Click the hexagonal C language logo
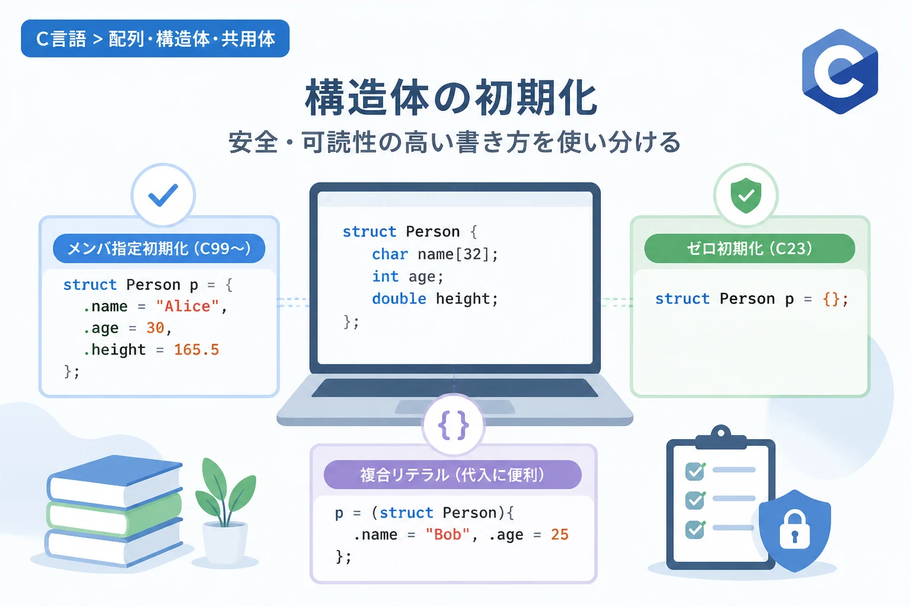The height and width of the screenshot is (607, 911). click(840, 72)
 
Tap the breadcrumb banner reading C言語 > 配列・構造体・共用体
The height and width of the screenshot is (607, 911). click(155, 39)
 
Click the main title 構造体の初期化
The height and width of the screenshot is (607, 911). click(451, 98)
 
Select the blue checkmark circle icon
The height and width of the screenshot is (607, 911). click(163, 195)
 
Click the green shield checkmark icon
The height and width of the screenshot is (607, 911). click(746, 195)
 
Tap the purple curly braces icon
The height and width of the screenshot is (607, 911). click(454, 425)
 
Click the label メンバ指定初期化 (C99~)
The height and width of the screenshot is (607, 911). click(159, 248)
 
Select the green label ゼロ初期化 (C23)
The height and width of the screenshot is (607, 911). click(750, 248)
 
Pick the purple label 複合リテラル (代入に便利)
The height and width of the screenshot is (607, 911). click(453, 474)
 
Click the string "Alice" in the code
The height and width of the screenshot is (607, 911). click(187, 306)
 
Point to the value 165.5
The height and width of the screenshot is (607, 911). click(196, 350)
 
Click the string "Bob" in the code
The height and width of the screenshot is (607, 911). click(448, 534)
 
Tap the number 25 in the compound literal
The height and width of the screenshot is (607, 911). click(560, 534)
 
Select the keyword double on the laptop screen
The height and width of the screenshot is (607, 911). click(399, 299)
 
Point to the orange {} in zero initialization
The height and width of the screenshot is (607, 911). click(831, 299)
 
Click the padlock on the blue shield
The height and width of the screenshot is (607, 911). click(795, 528)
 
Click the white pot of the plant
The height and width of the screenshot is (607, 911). click(225, 543)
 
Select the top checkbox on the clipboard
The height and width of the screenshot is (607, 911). click(695, 471)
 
